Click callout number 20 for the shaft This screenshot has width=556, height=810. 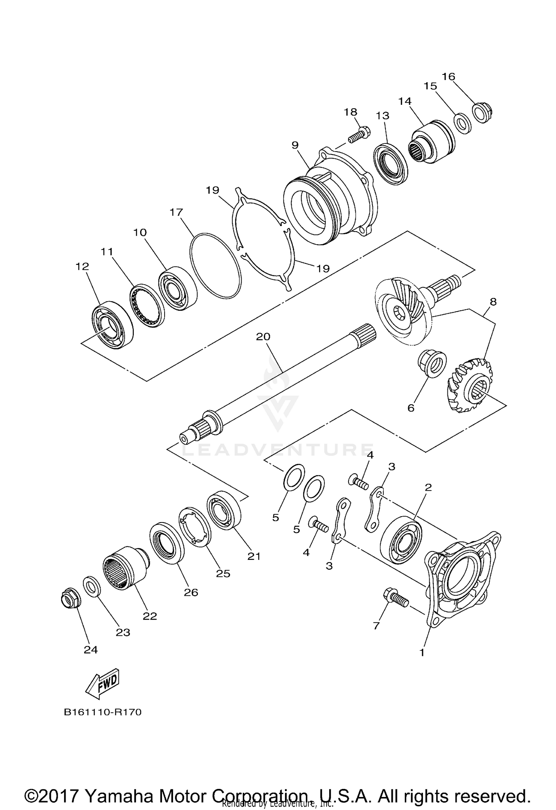[263, 336]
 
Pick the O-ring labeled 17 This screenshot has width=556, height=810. [215, 265]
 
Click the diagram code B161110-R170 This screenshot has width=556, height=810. [103, 712]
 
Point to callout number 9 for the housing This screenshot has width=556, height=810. [295, 145]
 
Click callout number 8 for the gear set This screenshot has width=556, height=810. [493, 302]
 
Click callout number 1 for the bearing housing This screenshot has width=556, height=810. [421, 652]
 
